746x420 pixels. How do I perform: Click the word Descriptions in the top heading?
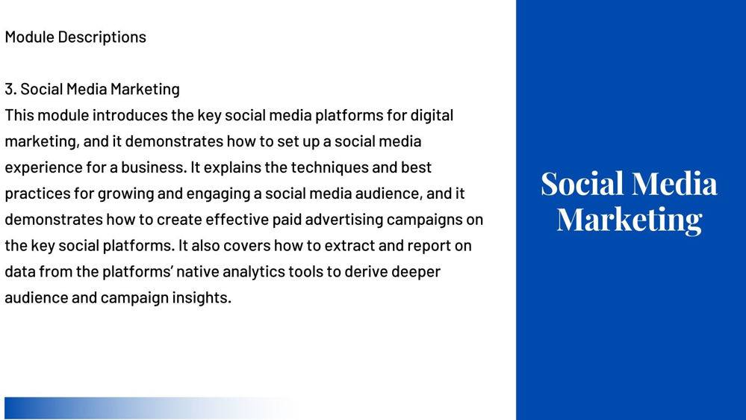(102, 37)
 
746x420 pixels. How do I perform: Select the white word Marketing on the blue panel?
(629, 220)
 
